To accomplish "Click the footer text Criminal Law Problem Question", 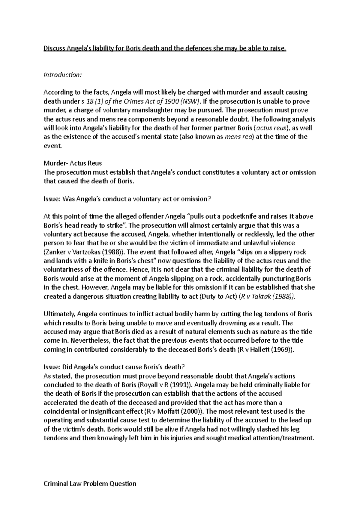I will [x=90, y=483].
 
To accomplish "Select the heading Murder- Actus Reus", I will [x=73, y=163].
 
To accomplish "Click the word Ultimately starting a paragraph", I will [x=59, y=314].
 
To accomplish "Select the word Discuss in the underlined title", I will [x=54, y=48].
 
